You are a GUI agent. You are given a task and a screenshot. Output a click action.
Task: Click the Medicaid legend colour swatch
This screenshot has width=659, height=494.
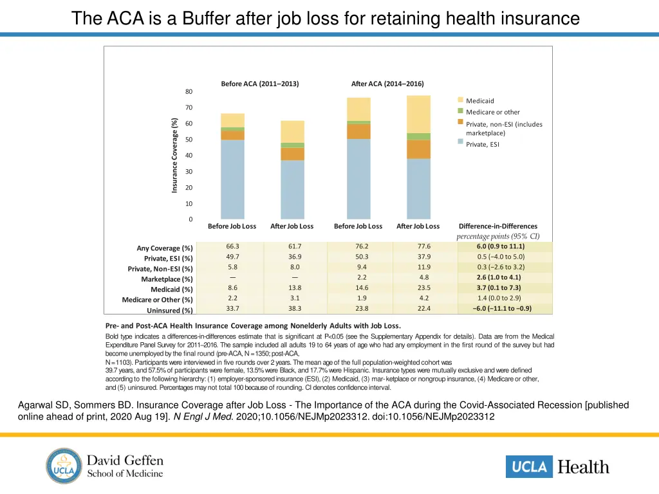point(461,100)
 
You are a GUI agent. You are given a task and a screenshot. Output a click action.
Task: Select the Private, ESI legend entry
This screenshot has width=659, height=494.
point(482,144)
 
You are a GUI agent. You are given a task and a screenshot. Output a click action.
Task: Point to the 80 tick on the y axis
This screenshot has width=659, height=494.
point(189,91)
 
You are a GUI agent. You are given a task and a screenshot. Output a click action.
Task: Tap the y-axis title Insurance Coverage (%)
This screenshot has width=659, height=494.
point(174,155)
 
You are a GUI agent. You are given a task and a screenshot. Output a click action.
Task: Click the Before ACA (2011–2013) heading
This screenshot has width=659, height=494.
point(260,84)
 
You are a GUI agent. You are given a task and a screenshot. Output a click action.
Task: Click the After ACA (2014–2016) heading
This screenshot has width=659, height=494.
point(387,84)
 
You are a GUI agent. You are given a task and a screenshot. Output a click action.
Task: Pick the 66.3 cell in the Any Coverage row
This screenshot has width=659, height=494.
point(232,246)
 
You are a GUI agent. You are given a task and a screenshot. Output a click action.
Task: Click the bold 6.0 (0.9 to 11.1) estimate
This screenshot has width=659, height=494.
point(500,246)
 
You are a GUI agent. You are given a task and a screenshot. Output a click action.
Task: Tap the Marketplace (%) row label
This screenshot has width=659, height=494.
point(167,279)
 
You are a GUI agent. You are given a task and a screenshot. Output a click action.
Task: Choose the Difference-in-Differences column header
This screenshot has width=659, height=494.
point(497,226)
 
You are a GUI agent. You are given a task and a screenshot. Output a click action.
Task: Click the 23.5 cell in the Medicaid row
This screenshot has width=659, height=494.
point(423,288)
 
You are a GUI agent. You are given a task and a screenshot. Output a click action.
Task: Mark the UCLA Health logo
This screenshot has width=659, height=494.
point(557,466)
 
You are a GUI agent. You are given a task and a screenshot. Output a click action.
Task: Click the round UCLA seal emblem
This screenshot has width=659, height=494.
point(64,466)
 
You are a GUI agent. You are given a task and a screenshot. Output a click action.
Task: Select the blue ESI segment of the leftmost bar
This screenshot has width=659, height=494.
point(232,180)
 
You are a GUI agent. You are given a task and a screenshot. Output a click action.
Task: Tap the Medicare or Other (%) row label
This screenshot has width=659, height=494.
point(157,300)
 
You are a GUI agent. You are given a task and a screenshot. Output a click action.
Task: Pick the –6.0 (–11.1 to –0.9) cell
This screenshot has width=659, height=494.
point(500,308)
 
